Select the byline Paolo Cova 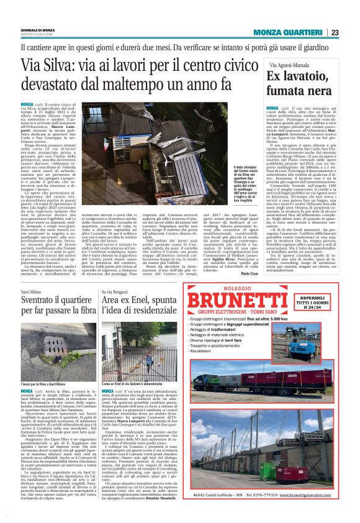[250, 255]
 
